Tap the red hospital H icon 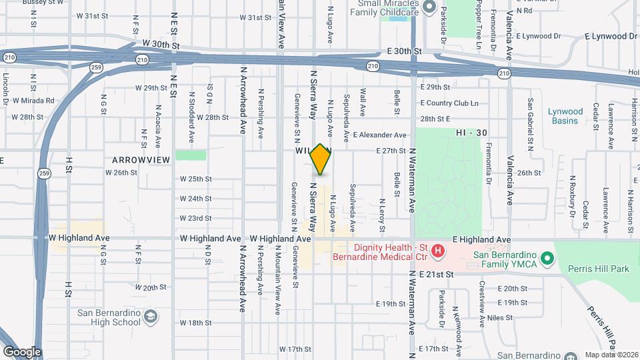pos(437,251)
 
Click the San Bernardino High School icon pos(151,315)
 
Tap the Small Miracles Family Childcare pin pos(428,9)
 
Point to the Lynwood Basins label pos(565,116)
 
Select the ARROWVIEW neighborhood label pos(141,160)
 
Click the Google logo pos(22,352)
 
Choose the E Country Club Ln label pos(449,103)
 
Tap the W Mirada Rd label pos(33,101)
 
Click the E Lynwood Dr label pos(611,36)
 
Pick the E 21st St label pos(436,274)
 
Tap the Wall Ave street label pos(364,101)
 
